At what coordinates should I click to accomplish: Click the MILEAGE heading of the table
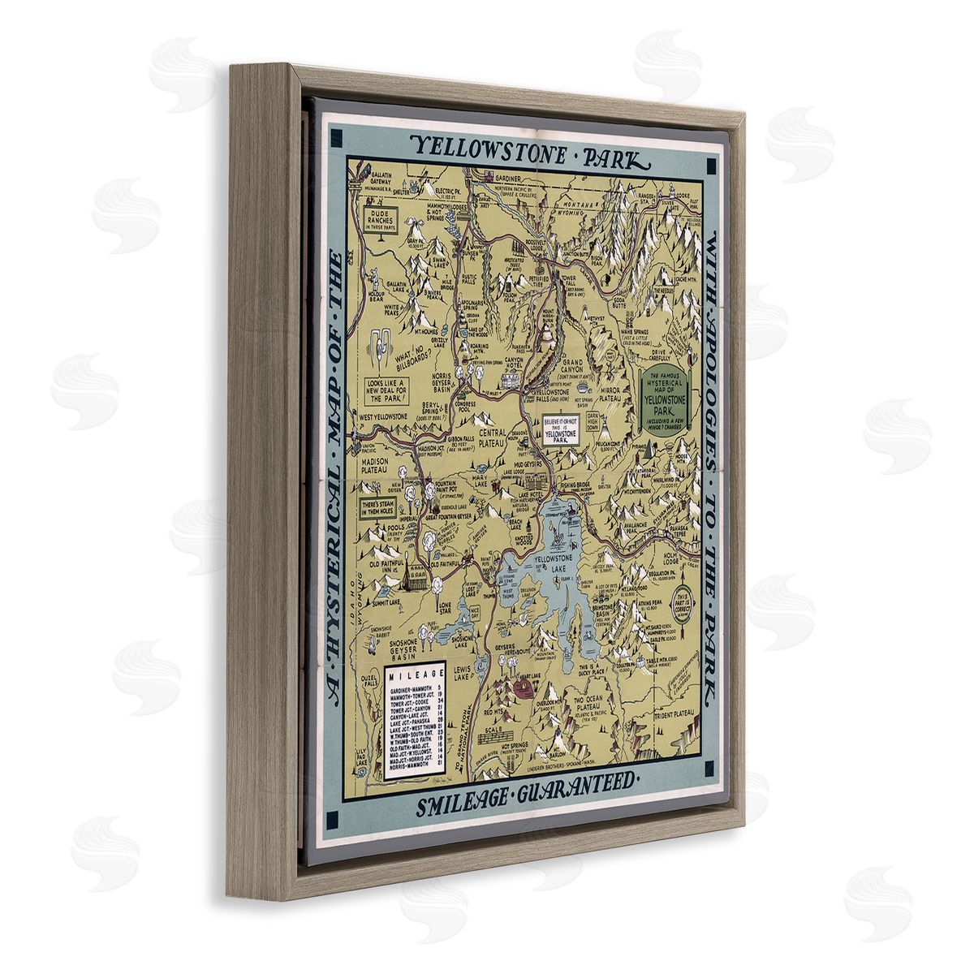coord(415,674)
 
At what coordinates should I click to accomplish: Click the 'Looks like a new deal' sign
coord(386,390)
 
